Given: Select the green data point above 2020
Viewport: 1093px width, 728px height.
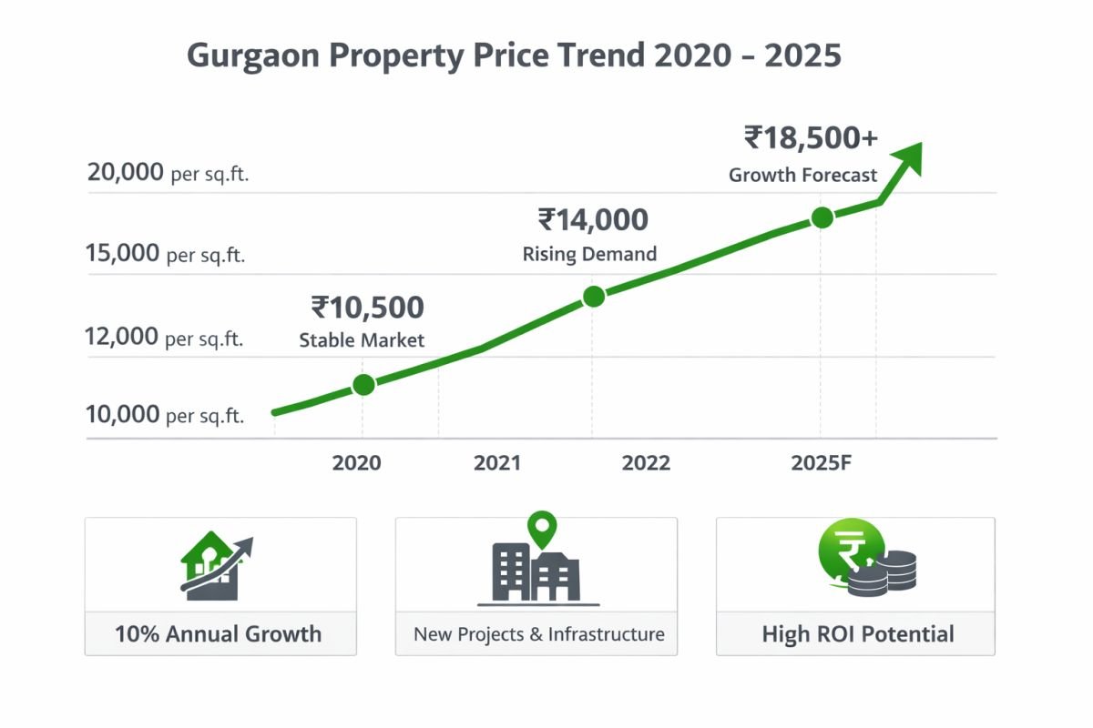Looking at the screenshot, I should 363,385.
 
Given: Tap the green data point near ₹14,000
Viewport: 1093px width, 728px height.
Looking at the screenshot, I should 593,296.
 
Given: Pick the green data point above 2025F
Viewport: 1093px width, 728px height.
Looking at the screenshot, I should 822,217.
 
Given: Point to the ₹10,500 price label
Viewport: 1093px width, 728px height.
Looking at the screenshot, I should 367,308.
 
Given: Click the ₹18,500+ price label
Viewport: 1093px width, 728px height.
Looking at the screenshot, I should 811,137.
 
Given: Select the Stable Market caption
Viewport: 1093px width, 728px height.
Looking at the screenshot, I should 362,341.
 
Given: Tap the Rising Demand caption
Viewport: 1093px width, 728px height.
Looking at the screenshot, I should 589,255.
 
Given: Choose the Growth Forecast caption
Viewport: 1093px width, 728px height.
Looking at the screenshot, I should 802,176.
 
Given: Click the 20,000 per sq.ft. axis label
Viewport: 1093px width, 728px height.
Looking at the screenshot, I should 168,172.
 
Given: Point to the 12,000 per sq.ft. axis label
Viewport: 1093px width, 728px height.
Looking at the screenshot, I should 165,338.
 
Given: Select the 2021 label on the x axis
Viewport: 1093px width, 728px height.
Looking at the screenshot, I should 497,463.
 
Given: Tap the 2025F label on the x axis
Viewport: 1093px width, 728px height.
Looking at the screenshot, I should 821,463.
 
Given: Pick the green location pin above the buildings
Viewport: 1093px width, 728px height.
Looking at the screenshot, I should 543,528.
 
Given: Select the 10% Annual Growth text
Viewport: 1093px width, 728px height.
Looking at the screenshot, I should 219,634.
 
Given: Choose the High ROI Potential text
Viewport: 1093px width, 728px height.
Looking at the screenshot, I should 857,634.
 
